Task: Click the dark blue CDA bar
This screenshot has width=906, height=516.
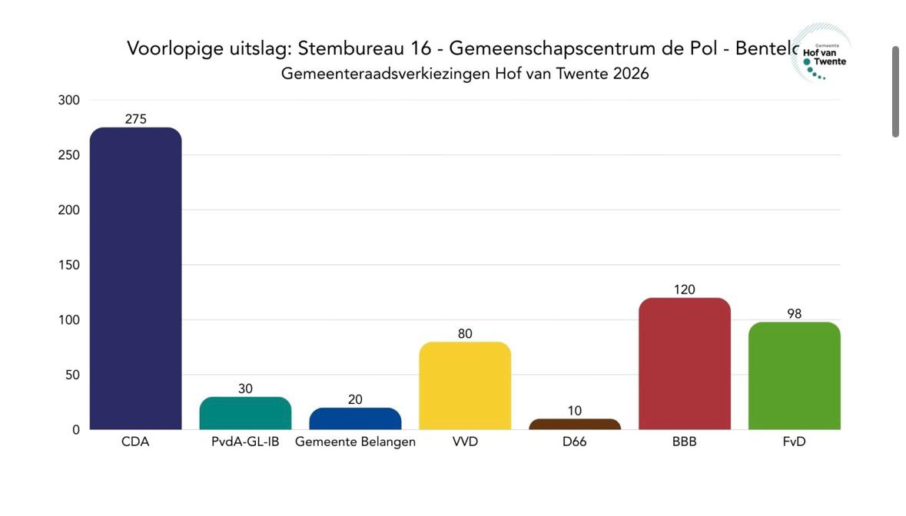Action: [x=135, y=278]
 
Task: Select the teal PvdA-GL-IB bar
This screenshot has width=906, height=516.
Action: [x=245, y=413]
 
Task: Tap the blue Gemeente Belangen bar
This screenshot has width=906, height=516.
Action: [x=355, y=418]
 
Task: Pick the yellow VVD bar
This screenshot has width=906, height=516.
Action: [x=465, y=385]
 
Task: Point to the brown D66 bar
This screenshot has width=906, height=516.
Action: [x=575, y=424]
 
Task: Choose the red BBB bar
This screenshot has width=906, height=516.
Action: [x=684, y=363]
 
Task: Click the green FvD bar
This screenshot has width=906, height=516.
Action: [x=794, y=375]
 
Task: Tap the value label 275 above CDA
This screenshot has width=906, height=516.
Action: [x=135, y=119]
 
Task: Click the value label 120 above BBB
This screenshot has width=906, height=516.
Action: [x=684, y=289]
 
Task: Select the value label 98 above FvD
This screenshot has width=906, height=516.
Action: [x=794, y=314]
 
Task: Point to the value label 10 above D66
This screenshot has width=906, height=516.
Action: [x=575, y=411]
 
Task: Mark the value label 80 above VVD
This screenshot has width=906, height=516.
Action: [x=465, y=334]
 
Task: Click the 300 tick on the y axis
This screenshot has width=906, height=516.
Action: [x=69, y=100]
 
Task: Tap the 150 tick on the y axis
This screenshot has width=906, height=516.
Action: [x=69, y=265]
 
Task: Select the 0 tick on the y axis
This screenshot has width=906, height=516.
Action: [x=76, y=430]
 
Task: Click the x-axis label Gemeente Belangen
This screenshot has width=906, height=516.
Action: [x=355, y=442]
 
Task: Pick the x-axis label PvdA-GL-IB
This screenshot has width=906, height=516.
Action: [x=245, y=442]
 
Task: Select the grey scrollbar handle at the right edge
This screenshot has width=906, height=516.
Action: [x=895, y=91]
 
